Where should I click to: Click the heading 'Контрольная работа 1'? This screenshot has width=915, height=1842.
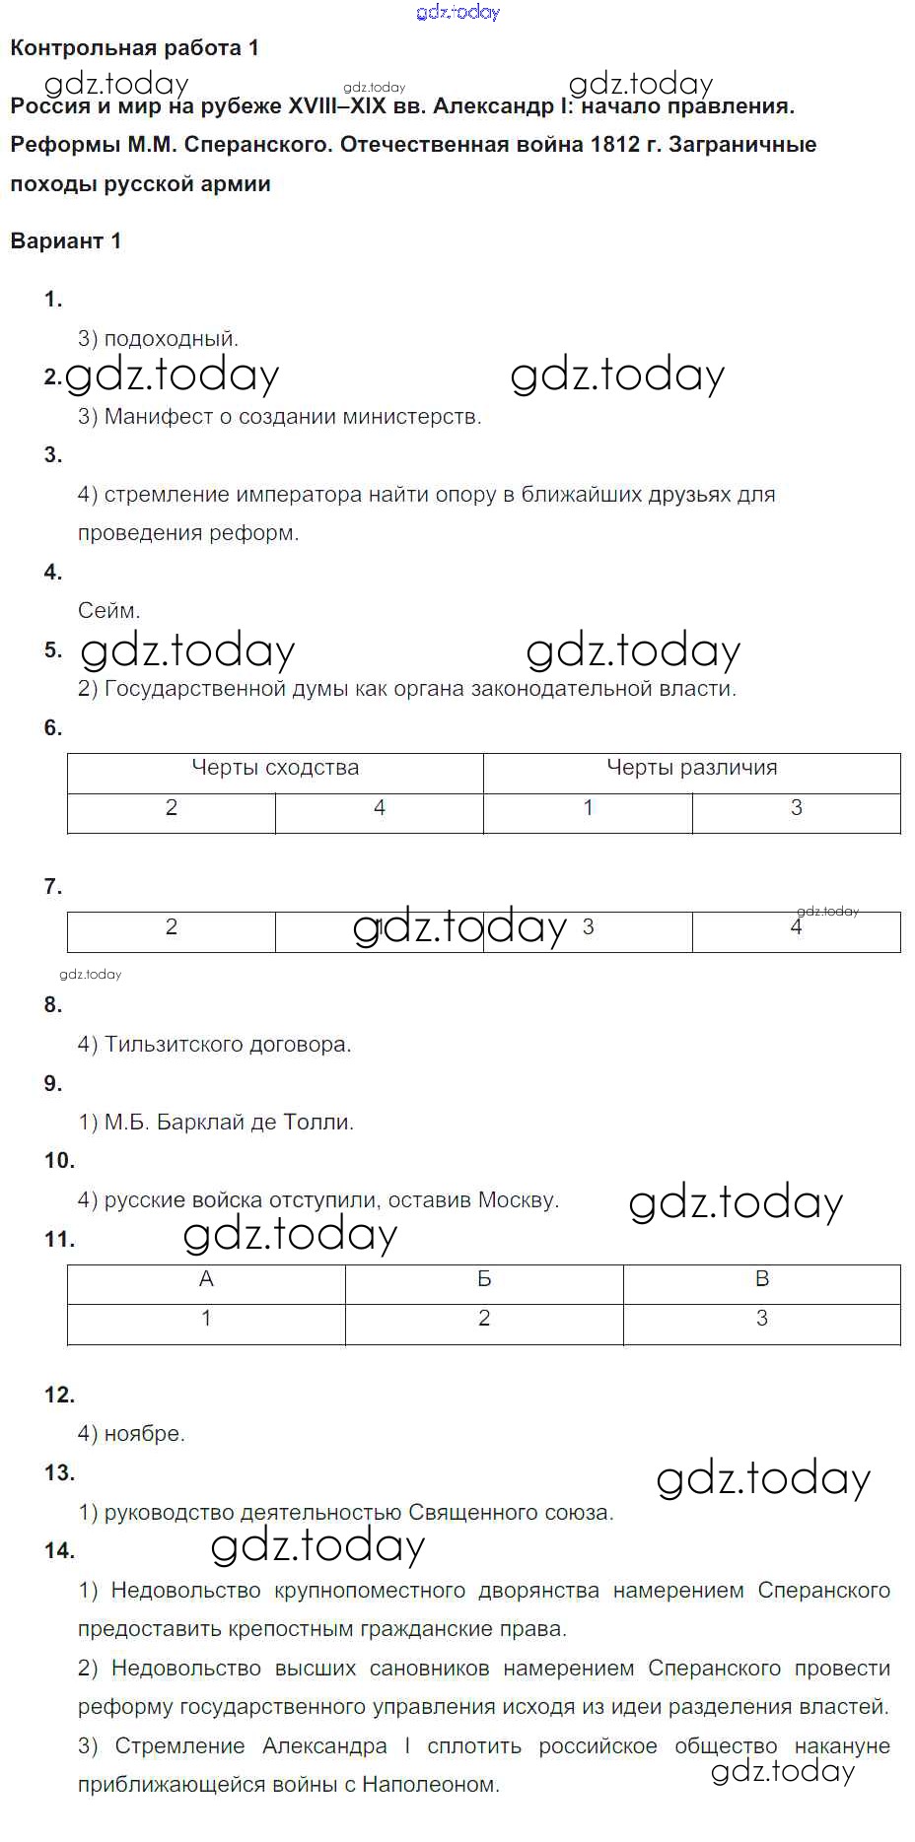(134, 48)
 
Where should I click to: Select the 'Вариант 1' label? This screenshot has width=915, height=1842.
(65, 240)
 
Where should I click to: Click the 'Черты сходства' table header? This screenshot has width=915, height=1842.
(275, 768)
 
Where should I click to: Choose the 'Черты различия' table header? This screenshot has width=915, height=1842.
(691, 768)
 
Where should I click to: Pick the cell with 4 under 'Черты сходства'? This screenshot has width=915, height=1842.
(380, 808)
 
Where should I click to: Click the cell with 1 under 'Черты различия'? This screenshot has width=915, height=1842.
(588, 808)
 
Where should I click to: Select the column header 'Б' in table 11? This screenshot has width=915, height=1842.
(484, 1279)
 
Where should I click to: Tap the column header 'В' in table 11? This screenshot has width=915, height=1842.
(761, 1279)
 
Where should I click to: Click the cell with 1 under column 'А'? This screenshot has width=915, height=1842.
(206, 1319)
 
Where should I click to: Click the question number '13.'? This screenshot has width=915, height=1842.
(59, 1472)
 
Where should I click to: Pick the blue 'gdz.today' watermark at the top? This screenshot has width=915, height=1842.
(458, 12)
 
